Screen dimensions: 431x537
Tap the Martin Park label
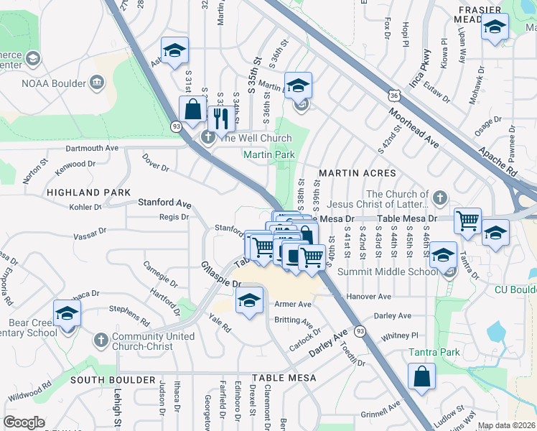pos(269,154)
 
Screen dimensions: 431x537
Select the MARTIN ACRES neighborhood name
pos(358,173)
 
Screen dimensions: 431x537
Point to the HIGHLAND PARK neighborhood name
pos(88,193)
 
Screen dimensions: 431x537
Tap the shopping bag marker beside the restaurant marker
pos(193,112)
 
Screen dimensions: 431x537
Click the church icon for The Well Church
pos(208,137)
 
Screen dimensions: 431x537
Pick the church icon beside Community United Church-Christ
pos(101,339)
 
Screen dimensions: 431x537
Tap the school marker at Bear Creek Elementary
pos(67,315)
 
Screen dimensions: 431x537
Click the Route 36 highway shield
pos(392,94)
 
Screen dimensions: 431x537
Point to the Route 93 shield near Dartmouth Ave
pos(175,126)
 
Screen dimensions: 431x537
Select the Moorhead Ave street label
pos(414,129)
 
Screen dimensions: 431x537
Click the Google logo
pos(24,422)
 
